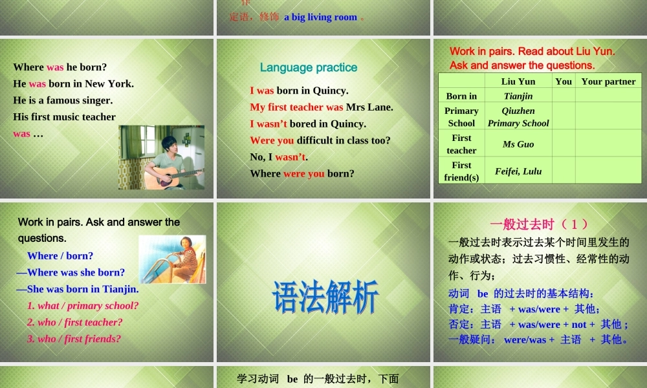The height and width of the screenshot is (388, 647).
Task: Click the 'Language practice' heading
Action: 308,67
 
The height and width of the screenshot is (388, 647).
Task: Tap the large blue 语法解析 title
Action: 325,297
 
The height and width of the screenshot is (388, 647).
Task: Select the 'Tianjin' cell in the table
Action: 518,96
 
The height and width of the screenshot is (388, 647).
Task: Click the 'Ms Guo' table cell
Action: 518,144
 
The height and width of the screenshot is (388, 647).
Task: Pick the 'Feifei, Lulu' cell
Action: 518,171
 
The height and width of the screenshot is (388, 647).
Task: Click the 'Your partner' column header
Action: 608,81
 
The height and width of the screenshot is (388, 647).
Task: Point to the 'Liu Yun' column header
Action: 518,81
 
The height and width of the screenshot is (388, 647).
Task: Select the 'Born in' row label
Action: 461,96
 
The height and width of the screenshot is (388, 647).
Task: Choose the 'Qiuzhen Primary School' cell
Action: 518,117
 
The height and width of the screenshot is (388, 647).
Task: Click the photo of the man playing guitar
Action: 161,157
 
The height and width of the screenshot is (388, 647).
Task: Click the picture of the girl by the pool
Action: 172,259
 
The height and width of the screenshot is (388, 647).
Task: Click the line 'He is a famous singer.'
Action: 63,100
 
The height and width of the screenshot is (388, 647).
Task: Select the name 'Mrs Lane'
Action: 369,107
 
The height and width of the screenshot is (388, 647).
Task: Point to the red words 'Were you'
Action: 272,140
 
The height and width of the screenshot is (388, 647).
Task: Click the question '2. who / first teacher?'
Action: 74,322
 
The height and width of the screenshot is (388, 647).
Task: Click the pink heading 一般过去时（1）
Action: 540,224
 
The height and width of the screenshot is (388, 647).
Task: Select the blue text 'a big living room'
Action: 320,17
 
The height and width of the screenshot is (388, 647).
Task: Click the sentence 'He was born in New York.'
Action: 73,83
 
